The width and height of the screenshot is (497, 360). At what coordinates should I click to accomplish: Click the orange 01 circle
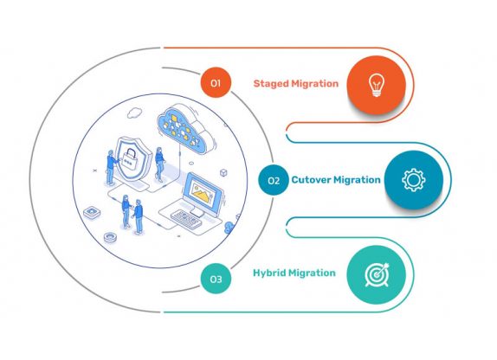215,83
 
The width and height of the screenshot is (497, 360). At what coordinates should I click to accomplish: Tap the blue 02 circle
273,181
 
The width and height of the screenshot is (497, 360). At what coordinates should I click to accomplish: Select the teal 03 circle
215,279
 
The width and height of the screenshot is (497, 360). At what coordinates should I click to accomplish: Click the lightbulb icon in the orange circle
376,83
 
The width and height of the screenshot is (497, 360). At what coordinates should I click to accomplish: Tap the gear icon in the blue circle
414,181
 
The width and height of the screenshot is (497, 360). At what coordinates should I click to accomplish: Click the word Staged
272,84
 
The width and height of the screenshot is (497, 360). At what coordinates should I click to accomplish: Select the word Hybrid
271,273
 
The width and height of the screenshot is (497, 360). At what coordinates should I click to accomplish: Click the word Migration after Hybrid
314,273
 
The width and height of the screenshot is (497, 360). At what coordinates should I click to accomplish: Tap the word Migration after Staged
315,84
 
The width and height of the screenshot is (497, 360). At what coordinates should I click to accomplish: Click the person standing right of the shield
158,164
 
